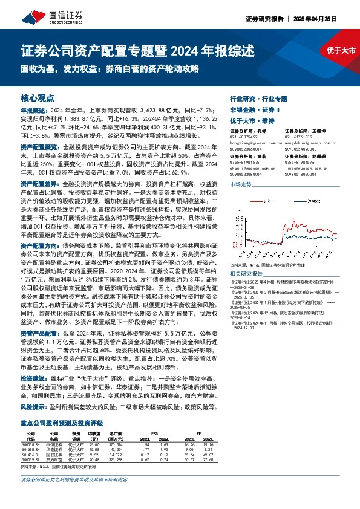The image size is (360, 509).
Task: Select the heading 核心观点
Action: point(38,97)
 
